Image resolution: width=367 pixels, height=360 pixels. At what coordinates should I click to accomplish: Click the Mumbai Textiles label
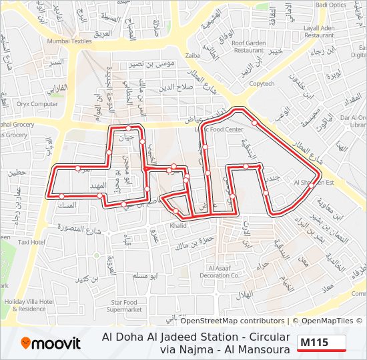pyautogui.click(x=69, y=41)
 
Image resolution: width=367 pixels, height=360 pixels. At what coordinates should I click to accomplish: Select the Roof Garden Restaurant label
pyautogui.click(x=248, y=46)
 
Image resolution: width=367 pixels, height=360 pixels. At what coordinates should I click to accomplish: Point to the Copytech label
pyautogui.click(x=262, y=84)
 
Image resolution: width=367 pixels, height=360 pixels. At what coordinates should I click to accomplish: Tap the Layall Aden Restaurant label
pyautogui.click(x=328, y=31)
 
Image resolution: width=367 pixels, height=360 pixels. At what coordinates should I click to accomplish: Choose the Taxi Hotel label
pyautogui.click(x=31, y=242)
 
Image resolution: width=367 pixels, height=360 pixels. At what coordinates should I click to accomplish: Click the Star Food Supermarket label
pyautogui.click(x=124, y=306)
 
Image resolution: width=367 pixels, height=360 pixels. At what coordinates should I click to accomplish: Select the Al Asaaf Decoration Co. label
pyautogui.click(x=219, y=271)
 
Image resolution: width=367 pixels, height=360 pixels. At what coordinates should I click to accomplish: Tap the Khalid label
pyautogui.click(x=178, y=226)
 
